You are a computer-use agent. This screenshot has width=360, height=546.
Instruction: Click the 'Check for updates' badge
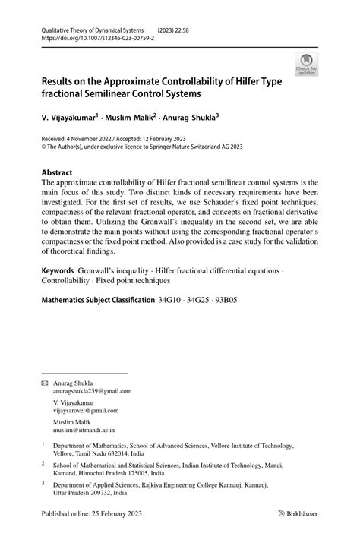click(x=306, y=64)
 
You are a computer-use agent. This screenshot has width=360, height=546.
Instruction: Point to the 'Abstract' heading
click(x=58, y=172)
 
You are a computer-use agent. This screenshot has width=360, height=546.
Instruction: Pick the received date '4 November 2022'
click(x=96, y=140)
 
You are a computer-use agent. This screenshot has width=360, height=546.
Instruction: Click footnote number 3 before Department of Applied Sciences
click(x=43, y=482)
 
